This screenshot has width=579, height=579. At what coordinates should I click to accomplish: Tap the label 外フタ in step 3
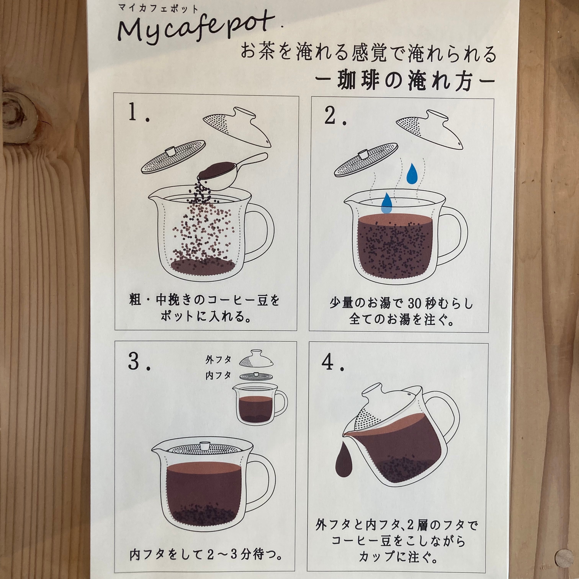[x=218, y=360]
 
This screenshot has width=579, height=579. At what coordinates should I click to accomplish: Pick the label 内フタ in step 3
[x=218, y=375]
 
